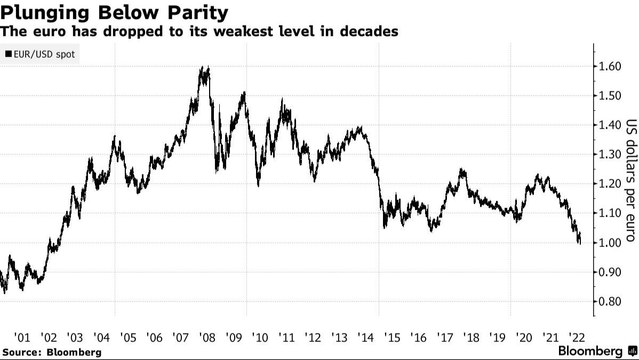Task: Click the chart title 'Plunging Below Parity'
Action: tap(114, 12)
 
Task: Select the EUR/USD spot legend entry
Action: tap(40, 54)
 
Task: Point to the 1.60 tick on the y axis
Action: tap(609, 67)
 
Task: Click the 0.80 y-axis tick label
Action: tap(609, 301)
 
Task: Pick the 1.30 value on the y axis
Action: tap(609, 155)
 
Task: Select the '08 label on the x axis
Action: tap(206, 337)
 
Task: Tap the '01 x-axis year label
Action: tap(22, 337)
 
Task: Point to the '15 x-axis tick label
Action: tap(391, 337)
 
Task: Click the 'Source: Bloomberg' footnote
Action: tap(51, 352)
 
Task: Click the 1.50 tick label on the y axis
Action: tap(609, 96)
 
